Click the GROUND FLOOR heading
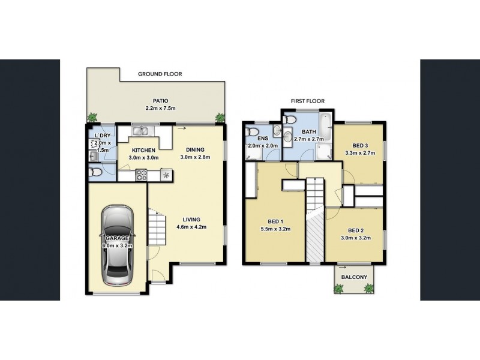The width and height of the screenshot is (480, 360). (160, 74)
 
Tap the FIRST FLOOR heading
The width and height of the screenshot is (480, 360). (307, 102)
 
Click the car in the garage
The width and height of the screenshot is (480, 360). (117, 245)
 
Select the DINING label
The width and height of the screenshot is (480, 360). (195, 149)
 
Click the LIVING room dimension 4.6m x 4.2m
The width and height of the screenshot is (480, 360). (191, 227)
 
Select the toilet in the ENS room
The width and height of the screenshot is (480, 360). (253, 132)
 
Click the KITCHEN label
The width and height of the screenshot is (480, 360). (143, 150)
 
